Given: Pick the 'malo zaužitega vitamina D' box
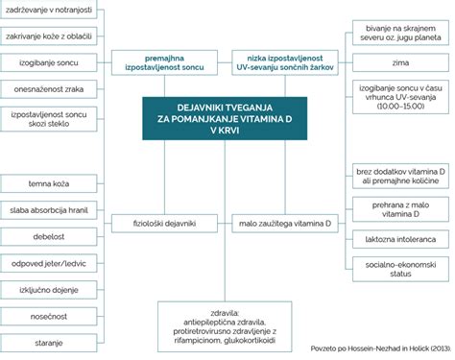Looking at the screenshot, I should point(285,223).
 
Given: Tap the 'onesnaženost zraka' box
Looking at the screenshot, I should point(49,89).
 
